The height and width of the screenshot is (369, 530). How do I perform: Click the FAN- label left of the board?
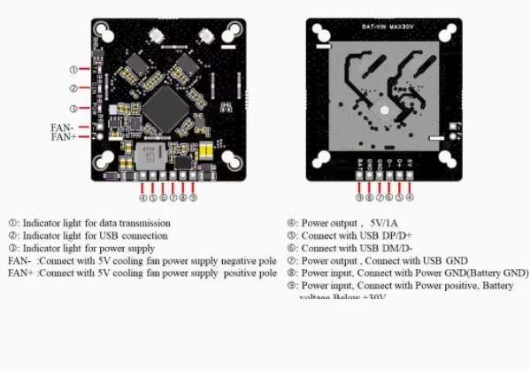(x=63, y=127)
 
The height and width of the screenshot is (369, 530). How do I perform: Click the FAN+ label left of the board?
(x=63, y=137)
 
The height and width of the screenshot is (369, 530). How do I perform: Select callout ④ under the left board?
(x=144, y=197)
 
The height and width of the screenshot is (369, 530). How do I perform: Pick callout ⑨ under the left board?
(x=193, y=197)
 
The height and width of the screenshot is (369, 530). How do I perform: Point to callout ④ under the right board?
(x=410, y=197)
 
